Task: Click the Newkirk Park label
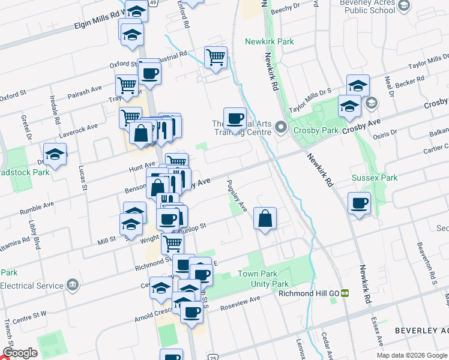270,41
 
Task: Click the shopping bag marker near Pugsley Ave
265,218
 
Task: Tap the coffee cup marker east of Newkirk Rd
359,203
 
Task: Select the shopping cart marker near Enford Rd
215,58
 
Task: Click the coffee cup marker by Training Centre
235,118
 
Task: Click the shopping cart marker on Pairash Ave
127,85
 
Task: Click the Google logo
20,353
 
